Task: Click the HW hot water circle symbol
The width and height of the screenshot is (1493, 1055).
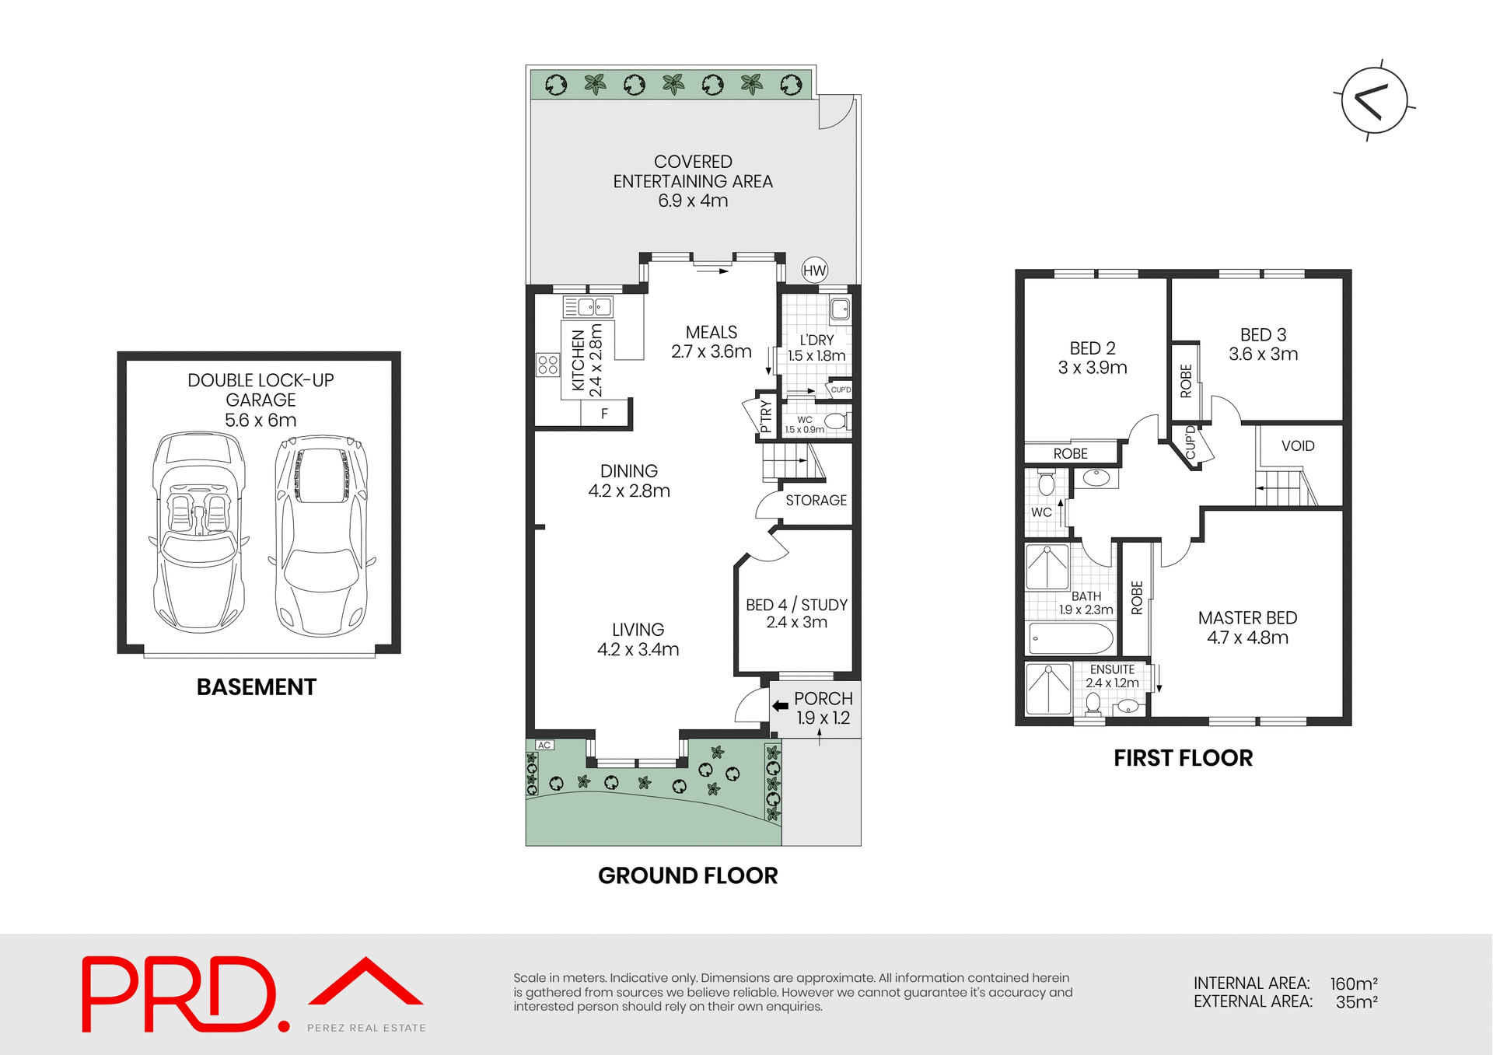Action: coord(814,271)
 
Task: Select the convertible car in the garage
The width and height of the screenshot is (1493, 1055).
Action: coord(198,533)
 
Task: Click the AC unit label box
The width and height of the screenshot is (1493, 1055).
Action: coord(544,745)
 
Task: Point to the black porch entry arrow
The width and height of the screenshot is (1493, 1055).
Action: coord(780,706)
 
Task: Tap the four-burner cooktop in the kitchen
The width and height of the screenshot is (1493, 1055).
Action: coord(547,365)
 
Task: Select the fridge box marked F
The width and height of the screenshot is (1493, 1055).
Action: coord(604,414)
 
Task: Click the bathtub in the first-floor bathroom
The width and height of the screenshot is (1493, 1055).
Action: coord(1071,639)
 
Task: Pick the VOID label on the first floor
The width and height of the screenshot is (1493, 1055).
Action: coord(1298,445)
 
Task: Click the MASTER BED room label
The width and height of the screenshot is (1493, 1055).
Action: coord(1247,617)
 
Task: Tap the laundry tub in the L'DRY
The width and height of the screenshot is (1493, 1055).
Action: coord(840,309)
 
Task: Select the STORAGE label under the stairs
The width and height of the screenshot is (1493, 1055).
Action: coord(816,500)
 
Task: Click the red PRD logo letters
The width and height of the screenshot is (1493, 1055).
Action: coord(179,994)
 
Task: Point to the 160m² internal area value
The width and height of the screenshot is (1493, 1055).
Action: coord(1354,983)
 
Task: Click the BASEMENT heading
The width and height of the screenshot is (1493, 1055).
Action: coord(256,687)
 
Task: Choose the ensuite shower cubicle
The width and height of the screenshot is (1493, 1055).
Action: coord(1048,689)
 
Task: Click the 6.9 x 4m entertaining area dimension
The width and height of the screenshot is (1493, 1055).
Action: coord(693,201)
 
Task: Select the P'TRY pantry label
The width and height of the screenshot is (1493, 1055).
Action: coord(765,416)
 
